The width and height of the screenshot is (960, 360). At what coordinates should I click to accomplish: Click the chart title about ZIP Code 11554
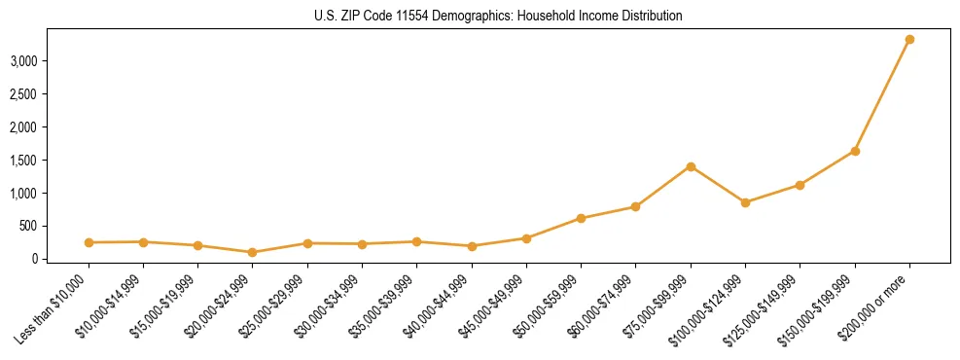click(x=499, y=17)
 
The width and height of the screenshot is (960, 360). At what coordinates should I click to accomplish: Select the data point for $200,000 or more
click(x=909, y=40)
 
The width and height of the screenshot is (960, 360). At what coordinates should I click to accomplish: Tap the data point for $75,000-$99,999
click(x=691, y=166)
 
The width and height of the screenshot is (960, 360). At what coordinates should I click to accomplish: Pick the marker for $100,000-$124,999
click(x=745, y=202)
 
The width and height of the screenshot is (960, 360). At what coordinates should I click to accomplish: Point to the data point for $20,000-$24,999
click(x=253, y=252)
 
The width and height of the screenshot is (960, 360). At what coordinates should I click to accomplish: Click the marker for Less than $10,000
click(x=89, y=242)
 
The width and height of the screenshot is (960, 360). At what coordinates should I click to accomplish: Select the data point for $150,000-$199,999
click(x=855, y=151)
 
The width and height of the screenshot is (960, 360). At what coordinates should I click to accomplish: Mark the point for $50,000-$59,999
click(x=581, y=218)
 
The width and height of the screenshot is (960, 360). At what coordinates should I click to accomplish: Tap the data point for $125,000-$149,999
click(x=800, y=185)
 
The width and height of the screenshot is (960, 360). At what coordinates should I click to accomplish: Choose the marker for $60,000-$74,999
click(x=635, y=206)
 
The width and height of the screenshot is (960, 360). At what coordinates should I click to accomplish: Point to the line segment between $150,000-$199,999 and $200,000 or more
click(x=882, y=95)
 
